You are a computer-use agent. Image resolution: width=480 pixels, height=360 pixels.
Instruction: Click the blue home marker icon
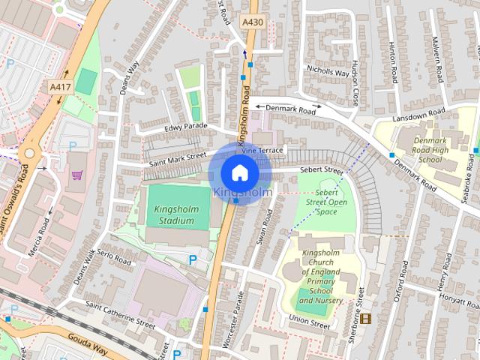239,172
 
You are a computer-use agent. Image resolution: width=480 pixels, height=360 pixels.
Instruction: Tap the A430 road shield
253,24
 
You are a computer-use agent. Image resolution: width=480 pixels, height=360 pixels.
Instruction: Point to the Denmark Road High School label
419,147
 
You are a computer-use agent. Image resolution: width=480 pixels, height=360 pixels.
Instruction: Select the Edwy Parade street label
184,127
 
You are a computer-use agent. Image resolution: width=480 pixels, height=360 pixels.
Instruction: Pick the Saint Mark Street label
177,160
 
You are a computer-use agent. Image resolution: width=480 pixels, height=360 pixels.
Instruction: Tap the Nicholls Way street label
328,73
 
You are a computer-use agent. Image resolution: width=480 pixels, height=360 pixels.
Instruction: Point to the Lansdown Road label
418,115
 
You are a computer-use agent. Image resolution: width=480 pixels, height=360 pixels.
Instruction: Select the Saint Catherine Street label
120,315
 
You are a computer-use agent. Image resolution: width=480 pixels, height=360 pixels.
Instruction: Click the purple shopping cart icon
76,175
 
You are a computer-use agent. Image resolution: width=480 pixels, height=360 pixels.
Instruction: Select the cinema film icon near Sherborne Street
365,319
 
